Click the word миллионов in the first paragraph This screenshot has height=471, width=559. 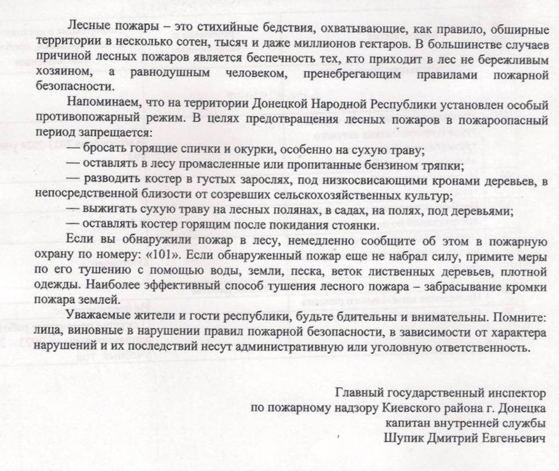click(x=322, y=42)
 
